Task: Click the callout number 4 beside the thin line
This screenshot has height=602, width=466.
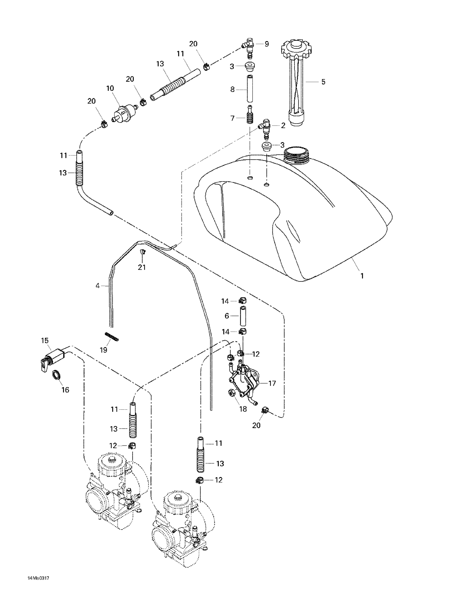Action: coord(98,286)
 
